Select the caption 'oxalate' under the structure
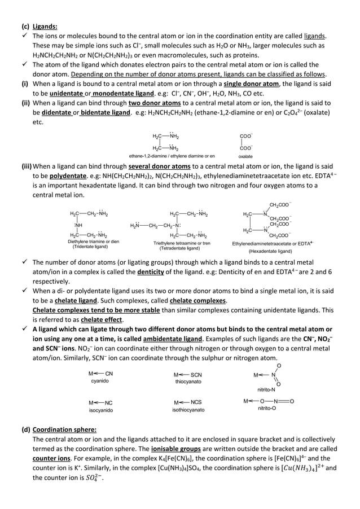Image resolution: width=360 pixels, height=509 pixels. pos(245,156)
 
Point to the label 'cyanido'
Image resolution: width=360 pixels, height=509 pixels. pos(100,381)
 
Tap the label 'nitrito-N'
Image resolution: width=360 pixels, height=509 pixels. pos(266,390)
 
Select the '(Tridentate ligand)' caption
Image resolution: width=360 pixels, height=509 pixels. pos(90,247)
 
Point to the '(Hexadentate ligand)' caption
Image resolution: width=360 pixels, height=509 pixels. pos(270,251)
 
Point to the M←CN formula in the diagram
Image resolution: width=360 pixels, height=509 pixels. pos(101,373)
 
